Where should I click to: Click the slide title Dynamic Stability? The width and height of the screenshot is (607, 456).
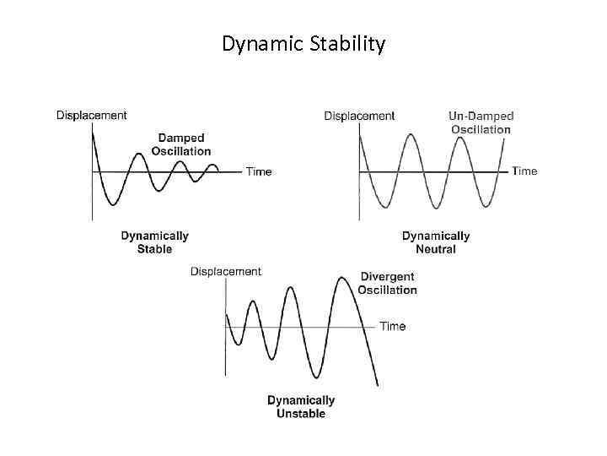click(303, 43)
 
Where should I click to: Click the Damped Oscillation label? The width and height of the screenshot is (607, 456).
click(181, 144)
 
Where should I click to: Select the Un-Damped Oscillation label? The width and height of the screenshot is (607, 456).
click(481, 122)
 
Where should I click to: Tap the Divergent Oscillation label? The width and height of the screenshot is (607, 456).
click(387, 283)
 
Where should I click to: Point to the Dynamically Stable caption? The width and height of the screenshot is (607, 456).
click(154, 242)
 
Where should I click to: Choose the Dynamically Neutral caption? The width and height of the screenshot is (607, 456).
click(436, 242)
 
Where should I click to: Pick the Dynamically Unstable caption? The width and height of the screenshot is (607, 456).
click(301, 407)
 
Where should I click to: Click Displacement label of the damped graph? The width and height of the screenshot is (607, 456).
click(92, 115)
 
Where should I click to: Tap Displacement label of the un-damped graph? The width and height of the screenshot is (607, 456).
click(359, 116)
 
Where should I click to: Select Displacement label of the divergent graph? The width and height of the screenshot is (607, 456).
click(226, 271)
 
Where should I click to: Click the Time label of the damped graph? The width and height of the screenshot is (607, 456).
click(259, 171)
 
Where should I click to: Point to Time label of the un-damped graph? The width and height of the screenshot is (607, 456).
click(524, 171)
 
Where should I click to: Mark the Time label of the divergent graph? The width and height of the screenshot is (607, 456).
click(393, 326)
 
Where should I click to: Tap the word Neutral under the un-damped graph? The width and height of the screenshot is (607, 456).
click(436, 249)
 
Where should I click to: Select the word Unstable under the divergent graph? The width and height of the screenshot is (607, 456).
click(301, 414)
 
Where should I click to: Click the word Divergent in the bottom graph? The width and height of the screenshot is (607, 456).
click(387, 276)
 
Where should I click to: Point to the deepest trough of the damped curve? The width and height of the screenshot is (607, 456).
click(111, 204)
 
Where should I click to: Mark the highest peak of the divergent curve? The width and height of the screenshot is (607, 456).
click(342, 278)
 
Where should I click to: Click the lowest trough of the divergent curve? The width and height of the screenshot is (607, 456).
click(315, 377)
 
